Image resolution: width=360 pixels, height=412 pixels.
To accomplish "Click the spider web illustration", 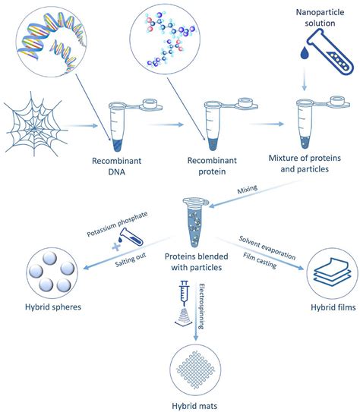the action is point(35,124).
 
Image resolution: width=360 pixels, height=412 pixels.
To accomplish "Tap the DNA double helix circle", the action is point(52,42).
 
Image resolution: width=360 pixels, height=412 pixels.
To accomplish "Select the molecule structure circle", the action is point(165,39).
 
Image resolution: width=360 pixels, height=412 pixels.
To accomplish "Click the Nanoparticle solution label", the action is point(320,17).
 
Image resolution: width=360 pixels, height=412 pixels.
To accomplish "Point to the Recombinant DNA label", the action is point(116,166).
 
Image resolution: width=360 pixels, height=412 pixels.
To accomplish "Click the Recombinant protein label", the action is point(212,166).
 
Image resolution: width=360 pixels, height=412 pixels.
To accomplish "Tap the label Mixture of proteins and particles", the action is point(305,163).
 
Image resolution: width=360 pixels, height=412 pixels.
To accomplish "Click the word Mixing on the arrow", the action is point(247,189).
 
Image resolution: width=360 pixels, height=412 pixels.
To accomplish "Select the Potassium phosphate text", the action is point(117,224).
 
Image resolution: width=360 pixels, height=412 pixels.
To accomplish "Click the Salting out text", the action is point(131,259).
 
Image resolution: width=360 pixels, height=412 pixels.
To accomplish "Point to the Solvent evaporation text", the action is point(267,248).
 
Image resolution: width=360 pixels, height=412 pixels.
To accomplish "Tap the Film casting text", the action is point(260,261).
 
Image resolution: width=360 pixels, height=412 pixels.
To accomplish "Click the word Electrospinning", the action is point(201,307).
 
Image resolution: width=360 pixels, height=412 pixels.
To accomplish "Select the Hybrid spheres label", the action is point(53,307).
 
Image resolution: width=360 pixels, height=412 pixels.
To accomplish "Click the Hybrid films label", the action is point(333,307).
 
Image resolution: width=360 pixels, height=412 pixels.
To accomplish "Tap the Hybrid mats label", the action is point(194,406).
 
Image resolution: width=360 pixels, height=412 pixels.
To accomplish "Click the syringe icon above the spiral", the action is point(185,292).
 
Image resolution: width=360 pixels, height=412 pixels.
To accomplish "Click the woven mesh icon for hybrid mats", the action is point(196,370).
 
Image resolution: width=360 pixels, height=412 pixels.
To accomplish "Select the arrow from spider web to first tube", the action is point(81,126).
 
